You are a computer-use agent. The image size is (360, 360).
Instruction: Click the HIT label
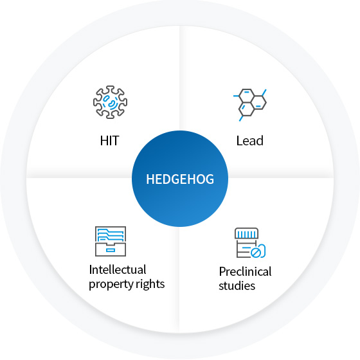pos(109,141)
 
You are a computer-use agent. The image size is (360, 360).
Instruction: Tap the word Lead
pos(250,141)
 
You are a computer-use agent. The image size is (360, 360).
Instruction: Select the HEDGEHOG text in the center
pos(180,179)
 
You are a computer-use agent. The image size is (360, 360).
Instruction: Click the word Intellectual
pos(118,269)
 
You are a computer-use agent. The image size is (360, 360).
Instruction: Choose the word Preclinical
pos(245,271)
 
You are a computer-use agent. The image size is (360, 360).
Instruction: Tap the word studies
pos(237,286)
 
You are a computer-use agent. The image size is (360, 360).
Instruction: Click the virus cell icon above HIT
pos(110,102)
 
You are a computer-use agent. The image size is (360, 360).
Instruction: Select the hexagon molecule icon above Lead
pos(250,105)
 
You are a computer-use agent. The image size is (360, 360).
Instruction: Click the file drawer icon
pos(111,241)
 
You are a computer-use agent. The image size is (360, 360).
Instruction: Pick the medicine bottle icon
pos(250,243)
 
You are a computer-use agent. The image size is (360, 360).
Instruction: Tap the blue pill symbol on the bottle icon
pos(258,251)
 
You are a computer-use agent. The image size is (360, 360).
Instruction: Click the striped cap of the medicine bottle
pos(246,233)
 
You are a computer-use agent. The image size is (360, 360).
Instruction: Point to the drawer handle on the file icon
pos(111,250)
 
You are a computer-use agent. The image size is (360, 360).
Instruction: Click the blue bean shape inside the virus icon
pos(112,104)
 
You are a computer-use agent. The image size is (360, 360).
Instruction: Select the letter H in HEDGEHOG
pos(150,179)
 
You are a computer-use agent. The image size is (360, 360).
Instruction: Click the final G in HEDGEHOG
pos(210,179)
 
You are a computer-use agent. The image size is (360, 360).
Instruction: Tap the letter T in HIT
pos(114,141)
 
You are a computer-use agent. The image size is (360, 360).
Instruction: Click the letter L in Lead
pos(239,141)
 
